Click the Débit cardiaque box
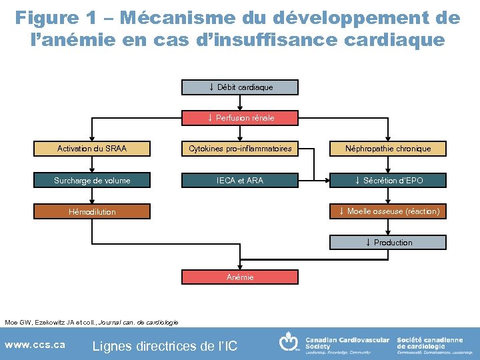tap(240, 87)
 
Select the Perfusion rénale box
tap(240, 118)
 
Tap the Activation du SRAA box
tap(92, 149)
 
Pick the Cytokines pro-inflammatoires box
tap(240, 149)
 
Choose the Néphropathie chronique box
tap(388, 149)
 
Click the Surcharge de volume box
tap(92, 180)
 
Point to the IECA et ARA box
tap(240, 180)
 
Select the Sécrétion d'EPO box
tap(388, 180)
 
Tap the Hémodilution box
tap(92, 211)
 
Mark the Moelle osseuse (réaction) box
tap(388, 211)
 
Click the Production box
tap(388, 242)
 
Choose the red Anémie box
tap(240, 277)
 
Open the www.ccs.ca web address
tap(35, 345)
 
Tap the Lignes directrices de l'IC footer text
tap(164, 346)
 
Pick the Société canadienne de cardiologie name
tap(430, 343)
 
